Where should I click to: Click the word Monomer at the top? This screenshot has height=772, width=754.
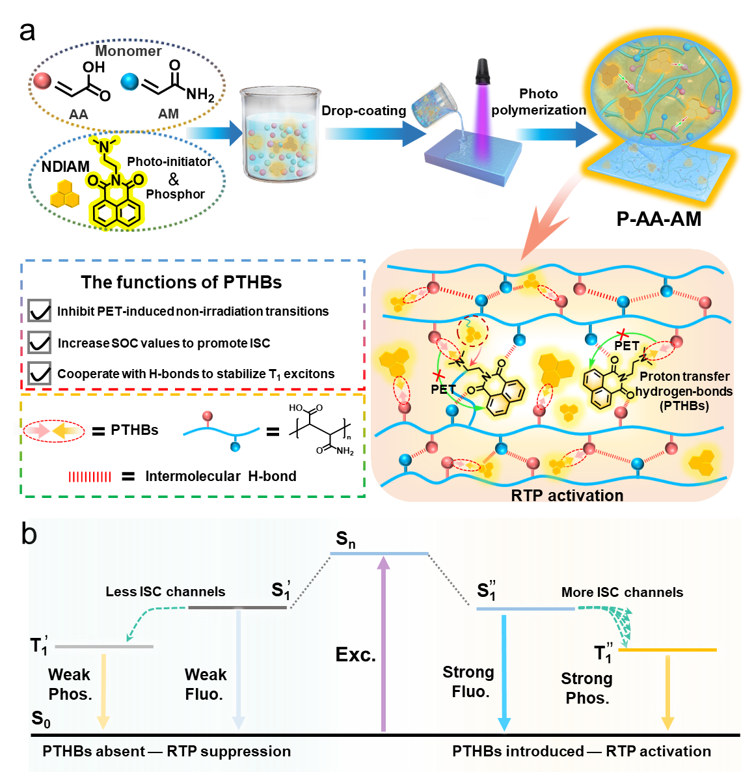pyautogui.click(x=128, y=51)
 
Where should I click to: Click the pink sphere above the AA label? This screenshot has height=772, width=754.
pyautogui.click(x=42, y=81)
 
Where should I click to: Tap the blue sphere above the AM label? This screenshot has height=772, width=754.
pyautogui.click(x=129, y=81)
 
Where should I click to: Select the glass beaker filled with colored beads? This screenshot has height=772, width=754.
pyautogui.click(x=278, y=135)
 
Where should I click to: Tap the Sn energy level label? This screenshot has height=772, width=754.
pyautogui.click(x=345, y=540)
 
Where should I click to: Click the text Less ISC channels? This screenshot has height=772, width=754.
pyautogui.click(x=165, y=592)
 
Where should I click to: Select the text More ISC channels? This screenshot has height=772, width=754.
pyautogui.click(x=622, y=592)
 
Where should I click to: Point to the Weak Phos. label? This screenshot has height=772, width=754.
pyautogui.click(x=70, y=684)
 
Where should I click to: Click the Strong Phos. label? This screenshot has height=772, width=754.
pyautogui.click(x=587, y=688)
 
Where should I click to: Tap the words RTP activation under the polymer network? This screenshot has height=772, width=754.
pyautogui.click(x=567, y=495)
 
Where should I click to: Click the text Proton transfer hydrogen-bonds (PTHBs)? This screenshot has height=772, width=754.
pyautogui.click(x=684, y=391)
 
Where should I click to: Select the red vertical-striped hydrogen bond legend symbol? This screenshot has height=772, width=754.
pyautogui.click(x=90, y=477)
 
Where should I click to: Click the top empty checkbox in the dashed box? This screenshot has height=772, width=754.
pyautogui.click(x=39, y=310)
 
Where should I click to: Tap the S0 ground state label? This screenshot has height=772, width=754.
pyautogui.click(x=40, y=719)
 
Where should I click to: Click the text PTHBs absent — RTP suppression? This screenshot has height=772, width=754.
pyautogui.click(x=167, y=751)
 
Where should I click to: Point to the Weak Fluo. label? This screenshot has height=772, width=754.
pyautogui.click(x=205, y=684)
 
